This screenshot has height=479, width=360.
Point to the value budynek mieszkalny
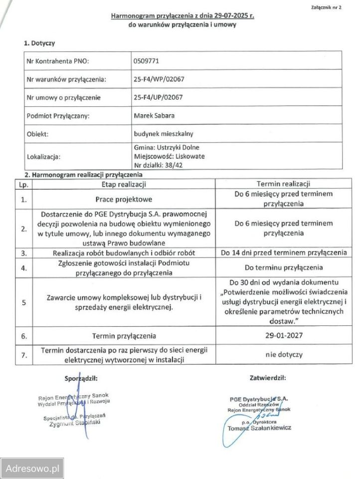(165, 134)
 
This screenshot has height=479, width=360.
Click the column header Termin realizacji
(283, 184)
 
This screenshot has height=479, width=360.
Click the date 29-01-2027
(283, 335)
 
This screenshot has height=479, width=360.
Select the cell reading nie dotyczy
(283, 355)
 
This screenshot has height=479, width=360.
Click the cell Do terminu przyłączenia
(283, 267)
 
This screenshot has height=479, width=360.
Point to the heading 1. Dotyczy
(39, 43)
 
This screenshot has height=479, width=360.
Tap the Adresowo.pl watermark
(32, 469)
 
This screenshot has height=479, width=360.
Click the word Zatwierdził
(267, 378)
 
